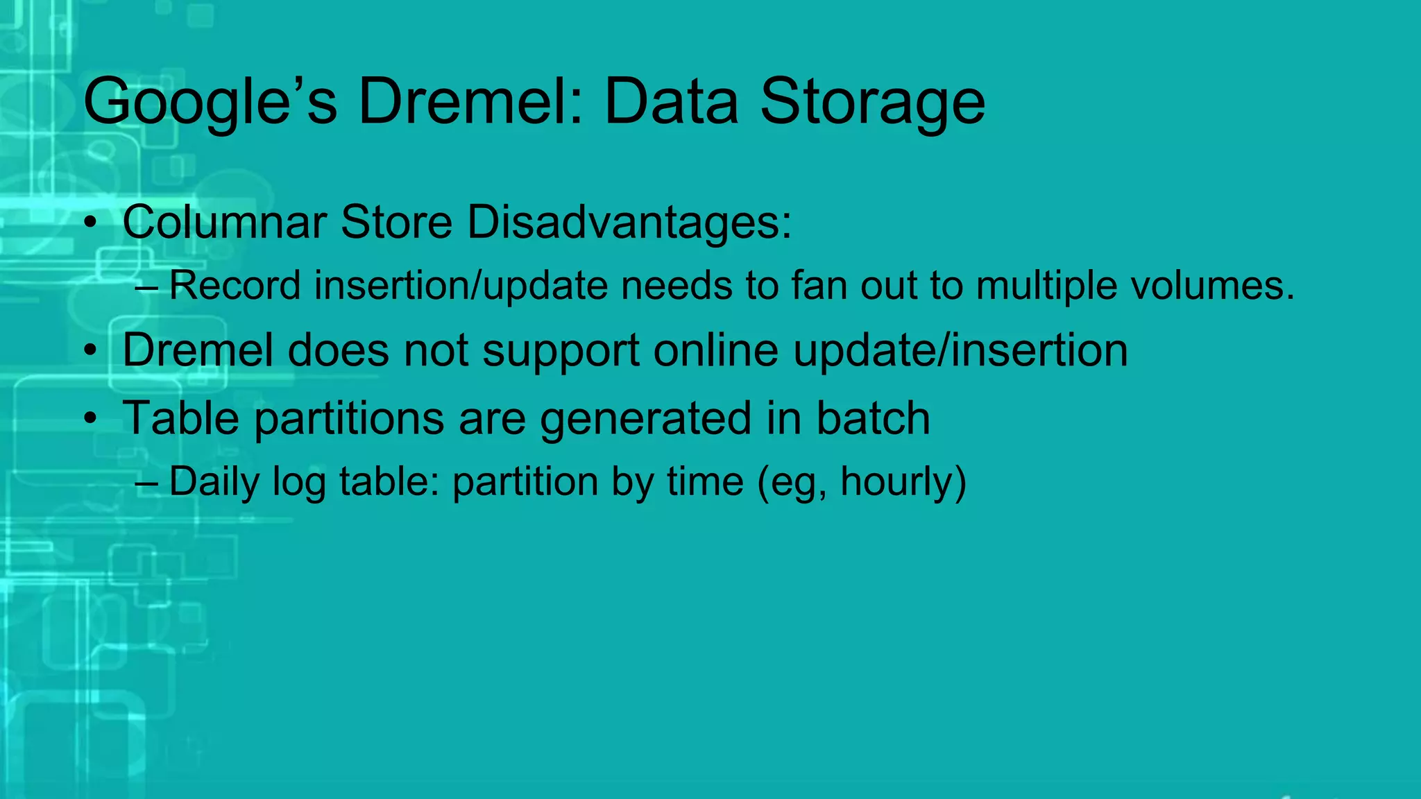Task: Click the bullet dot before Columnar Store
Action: click(x=90, y=223)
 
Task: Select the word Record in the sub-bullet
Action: click(x=235, y=285)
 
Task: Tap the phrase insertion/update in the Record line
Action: click(x=461, y=285)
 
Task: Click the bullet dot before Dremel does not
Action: click(x=90, y=351)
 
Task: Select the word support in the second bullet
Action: click(x=561, y=351)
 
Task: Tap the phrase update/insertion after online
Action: click(x=960, y=350)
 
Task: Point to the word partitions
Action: click(x=349, y=418)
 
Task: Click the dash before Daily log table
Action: click(x=146, y=482)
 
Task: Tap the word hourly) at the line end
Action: click(x=903, y=482)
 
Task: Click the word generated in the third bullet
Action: click(x=645, y=418)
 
